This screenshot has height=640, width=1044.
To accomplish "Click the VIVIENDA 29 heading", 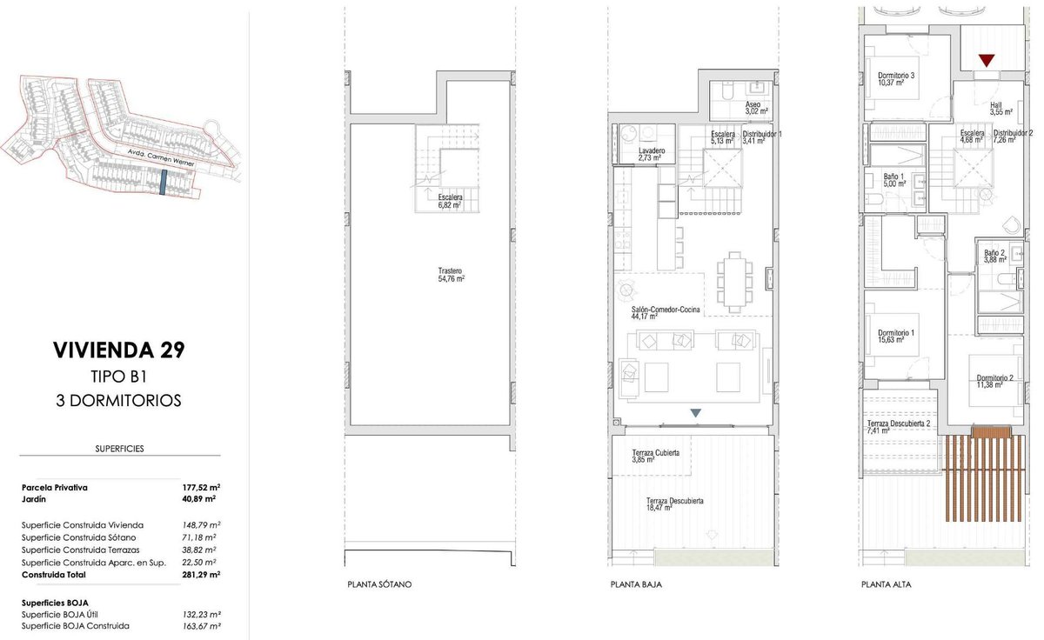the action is tap(119, 350).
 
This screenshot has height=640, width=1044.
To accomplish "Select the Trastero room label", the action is tap(450, 270).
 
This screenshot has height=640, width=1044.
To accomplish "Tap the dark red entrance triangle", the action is tap(987, 61).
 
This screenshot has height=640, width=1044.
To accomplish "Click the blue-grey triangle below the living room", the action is tap(695, 413).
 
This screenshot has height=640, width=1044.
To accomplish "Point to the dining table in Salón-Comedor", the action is tap(734, 283).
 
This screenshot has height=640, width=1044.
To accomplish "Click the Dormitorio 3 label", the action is tap(896, 76).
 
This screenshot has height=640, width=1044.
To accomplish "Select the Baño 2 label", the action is tap(994, 253).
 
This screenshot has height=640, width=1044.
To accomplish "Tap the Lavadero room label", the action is tap(652, 151).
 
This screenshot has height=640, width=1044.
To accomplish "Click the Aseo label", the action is tap(753, 105).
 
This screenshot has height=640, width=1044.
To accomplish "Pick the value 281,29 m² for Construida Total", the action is tap(201, 575).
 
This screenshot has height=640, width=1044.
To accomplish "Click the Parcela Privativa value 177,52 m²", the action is tap(201, 488).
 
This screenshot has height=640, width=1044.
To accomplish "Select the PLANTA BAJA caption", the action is tap(636, 584).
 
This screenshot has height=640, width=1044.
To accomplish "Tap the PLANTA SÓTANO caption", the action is tap(379, 584).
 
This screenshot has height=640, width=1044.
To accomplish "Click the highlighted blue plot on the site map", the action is tap(163, 182).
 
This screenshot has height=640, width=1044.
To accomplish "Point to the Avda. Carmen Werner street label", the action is tap(161, 158).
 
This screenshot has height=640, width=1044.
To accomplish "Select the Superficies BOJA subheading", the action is tap(55, 603).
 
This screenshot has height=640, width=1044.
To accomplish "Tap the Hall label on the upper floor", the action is tap(995, 105).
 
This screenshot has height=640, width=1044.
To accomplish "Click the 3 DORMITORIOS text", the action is tap(118, 401).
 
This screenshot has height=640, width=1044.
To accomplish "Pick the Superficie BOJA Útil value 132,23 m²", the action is tap(201, 615).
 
